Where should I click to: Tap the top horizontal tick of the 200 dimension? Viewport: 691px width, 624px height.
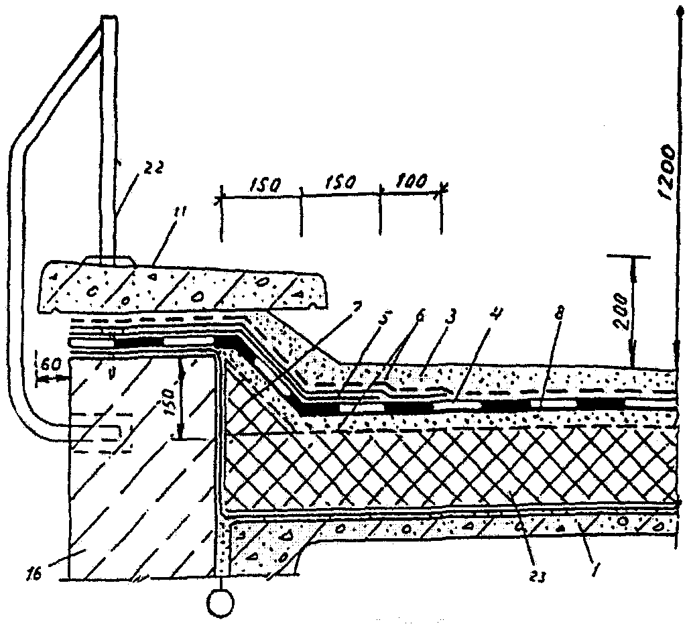(x=632, y=257)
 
